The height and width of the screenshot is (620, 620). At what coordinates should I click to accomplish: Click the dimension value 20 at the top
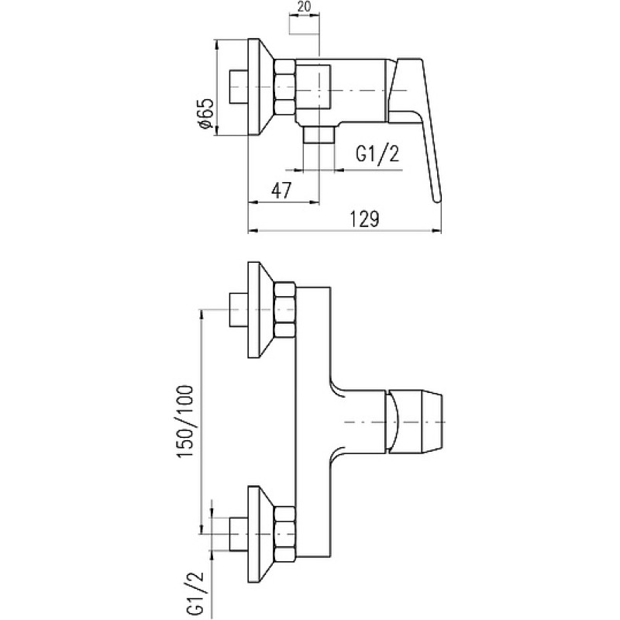(305, 7)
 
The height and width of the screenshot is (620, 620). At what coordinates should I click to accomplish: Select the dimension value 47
(281, 191)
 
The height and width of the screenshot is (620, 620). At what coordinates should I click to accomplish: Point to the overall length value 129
(364, 219)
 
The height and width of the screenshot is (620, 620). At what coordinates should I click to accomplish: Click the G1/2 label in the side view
(377, 154)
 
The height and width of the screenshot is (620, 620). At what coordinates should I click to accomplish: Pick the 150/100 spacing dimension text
(185, 422)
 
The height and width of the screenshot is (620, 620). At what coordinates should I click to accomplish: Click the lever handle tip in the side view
(437, 200)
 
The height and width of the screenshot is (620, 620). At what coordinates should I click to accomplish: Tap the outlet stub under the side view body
(319, 134)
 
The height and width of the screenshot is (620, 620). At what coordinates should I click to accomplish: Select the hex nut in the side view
(284, 88)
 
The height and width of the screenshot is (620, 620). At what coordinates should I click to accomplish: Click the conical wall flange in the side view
(260, 87)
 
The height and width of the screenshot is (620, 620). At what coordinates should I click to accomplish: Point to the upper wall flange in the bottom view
(260, 309)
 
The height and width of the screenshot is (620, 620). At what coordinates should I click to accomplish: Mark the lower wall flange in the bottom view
(260, 534)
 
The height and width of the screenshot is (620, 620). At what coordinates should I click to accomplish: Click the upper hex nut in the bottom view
(284, 309)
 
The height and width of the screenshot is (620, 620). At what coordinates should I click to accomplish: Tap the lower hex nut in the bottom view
(284, 534)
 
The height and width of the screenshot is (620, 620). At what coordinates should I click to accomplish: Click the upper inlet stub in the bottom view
(239, 309)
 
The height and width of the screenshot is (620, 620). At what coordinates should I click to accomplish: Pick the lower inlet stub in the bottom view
(239, 534)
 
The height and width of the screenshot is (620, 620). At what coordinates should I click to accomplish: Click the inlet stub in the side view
(239, 87)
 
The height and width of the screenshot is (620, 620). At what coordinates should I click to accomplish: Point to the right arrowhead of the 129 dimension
(436, 231)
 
